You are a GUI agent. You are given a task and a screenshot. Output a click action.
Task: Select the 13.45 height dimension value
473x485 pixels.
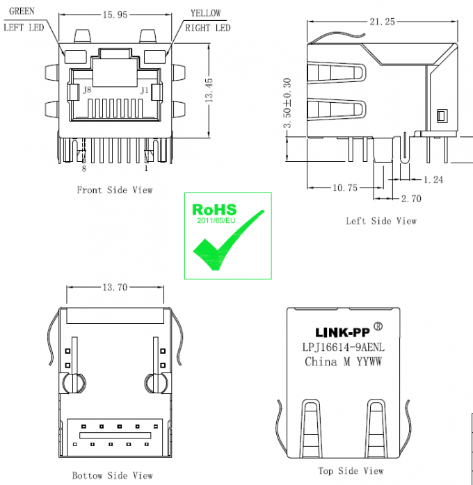(x=210, y=90)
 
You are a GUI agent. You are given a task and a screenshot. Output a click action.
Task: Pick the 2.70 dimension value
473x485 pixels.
(x=411, y=199)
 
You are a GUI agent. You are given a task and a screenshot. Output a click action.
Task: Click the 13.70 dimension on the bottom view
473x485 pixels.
(x=115, y=287)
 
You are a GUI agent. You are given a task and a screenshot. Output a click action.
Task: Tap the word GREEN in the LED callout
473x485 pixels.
(x=22, y=12)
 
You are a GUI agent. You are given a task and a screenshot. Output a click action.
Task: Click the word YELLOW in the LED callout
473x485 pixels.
(x=206, y=13)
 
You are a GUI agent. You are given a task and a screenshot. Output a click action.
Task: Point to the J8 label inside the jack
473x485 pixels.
(x=86, y=90)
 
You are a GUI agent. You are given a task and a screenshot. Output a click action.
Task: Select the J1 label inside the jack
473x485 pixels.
(x=145, y=90)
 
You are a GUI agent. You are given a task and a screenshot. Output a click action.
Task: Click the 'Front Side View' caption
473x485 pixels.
(x=114, y=190)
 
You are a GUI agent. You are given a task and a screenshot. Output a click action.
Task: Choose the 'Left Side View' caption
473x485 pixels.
(x=381, y=221)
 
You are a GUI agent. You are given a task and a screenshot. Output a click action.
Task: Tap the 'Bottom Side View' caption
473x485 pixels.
(x=112, y=475)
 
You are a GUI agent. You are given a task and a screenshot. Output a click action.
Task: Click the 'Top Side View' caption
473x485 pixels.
(x=351, y=471)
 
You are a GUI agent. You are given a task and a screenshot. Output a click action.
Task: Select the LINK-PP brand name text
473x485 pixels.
(x=339, y=332)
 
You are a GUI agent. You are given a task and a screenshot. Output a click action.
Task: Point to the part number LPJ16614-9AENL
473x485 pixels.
(x=344, y=347)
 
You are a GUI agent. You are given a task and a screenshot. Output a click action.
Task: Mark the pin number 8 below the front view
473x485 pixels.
(x=84, y=168)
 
